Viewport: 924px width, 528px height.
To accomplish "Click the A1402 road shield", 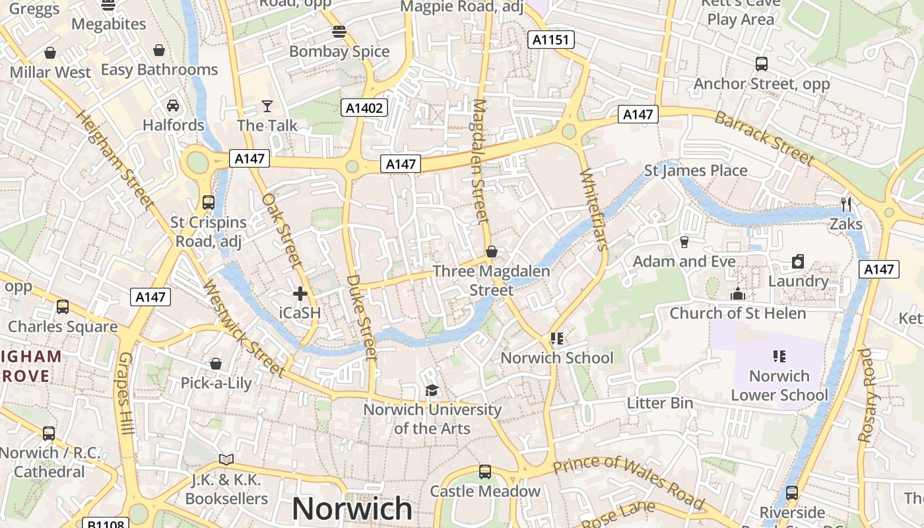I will [x=364, y=108].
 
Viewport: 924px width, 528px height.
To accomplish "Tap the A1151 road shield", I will [x=550, y=40].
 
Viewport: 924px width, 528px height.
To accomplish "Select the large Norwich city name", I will [x=352, y=509].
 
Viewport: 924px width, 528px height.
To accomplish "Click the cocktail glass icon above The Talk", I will [x=267, y=106].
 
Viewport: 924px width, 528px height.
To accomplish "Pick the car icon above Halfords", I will [x=173, y=105].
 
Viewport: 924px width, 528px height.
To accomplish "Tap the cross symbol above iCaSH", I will [x=300, y=294].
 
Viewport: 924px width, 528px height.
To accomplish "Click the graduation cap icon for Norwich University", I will [x=432, y=390].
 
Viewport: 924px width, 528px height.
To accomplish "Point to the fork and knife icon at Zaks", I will [x=846, y=204].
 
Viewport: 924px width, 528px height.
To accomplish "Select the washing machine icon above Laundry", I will [x=798, y=261].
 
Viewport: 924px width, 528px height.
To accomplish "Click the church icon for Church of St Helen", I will [x=737, y=294].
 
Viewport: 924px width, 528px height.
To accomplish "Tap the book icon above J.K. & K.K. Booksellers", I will [x=226, y=459].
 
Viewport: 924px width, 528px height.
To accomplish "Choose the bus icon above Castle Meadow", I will [x=485, y=472].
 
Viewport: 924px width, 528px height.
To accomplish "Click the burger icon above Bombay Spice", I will [x=339, y=32].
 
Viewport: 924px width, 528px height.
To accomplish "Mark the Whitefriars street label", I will [x=593, y=210].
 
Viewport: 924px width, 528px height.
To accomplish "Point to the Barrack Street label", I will [x=764, y=138].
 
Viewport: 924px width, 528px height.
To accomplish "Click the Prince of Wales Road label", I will [x=628, y=481].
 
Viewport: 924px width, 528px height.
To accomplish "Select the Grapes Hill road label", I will [x=126, y=393].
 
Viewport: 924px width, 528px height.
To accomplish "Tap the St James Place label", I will [x=696, y=171].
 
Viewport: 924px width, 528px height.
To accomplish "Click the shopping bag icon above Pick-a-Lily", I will [x=216, y=364].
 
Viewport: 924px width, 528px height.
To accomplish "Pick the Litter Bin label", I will [x=659, y=403].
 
